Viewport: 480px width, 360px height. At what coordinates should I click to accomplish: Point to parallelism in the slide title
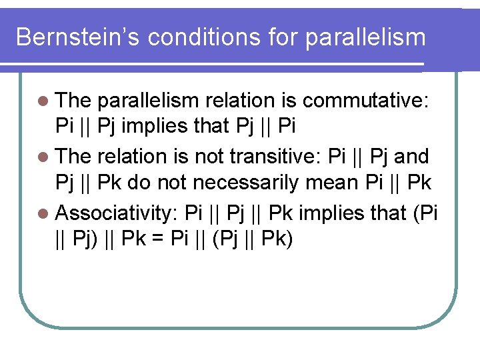(365, 37)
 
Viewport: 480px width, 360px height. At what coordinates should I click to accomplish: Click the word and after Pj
(411, 157)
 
